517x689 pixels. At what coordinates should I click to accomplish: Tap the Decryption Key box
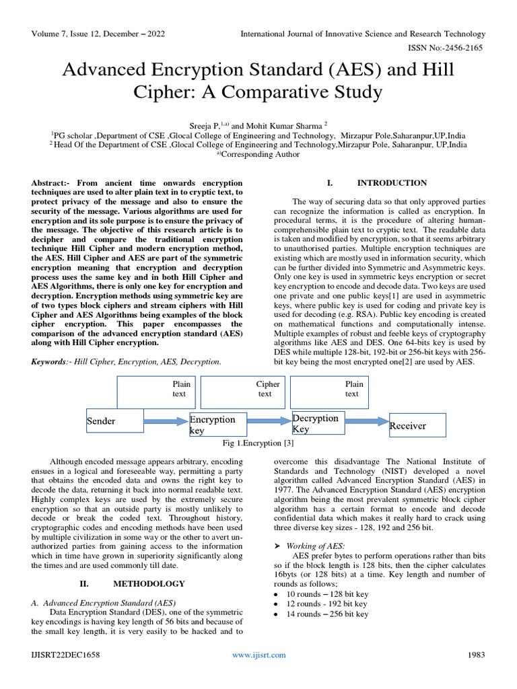point(317,423)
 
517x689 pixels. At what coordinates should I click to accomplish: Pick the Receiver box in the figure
point(417,425)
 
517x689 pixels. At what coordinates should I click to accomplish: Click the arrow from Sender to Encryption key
point(167,421)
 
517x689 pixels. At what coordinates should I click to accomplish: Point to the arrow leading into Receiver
point(367,422)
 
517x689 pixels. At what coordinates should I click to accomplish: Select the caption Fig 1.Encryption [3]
point(258,443)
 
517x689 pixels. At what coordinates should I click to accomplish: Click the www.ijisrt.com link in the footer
point(258,655)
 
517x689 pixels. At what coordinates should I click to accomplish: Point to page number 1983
point(476,655)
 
